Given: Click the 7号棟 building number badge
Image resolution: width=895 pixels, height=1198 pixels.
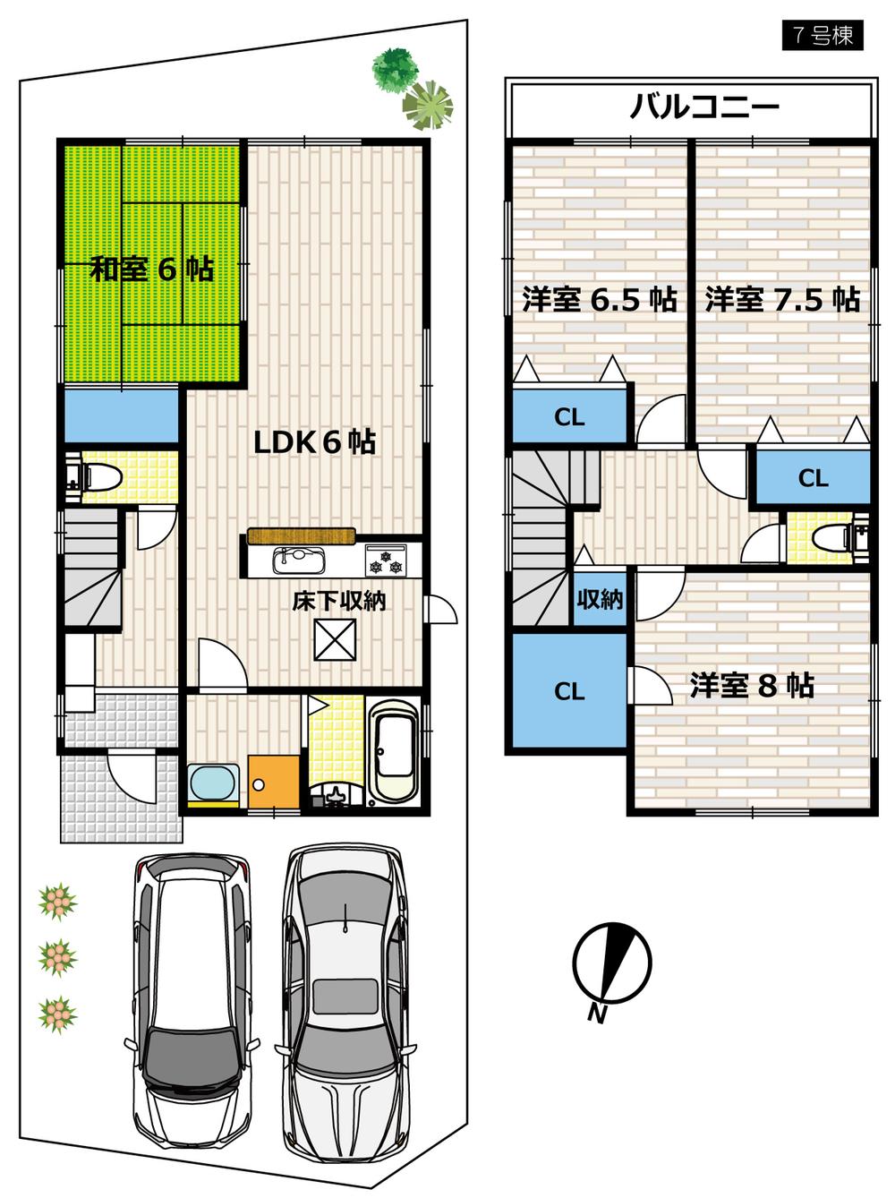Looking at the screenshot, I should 822,35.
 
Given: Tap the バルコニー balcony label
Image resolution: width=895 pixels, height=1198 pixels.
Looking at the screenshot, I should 704,107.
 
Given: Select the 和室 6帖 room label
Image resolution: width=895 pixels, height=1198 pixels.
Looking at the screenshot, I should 151,269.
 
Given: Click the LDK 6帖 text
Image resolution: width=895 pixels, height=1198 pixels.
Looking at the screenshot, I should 314,441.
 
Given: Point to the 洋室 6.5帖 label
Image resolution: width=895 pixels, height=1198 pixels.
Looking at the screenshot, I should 599,299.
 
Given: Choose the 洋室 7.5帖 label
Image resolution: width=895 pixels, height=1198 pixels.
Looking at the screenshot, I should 781,299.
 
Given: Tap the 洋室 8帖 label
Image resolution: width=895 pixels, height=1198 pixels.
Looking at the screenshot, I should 751,686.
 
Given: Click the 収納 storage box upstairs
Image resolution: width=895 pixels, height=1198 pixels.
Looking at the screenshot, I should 599,599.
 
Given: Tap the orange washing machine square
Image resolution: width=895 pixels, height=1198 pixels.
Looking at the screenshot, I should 273,782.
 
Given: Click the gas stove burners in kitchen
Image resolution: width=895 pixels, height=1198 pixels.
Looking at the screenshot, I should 386,561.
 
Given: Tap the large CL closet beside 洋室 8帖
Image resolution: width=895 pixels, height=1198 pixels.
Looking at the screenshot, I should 568,690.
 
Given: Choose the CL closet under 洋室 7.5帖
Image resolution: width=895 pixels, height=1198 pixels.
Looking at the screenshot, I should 813,477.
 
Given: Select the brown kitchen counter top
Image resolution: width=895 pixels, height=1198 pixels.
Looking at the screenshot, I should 301,536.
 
